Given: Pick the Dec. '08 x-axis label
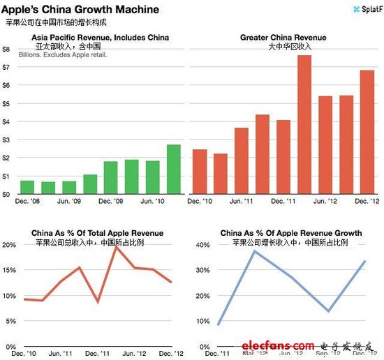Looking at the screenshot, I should point(28,202).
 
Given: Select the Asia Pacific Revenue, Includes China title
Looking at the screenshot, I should point(96,37).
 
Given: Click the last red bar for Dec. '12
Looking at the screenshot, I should point(367,133).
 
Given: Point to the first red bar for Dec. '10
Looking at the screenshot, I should point(199,172).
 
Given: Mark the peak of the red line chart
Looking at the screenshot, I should point(117,246).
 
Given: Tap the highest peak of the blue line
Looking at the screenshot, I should point(256,250).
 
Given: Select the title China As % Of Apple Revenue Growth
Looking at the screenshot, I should point(290,233).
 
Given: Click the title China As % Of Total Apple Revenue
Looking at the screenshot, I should point(97,233).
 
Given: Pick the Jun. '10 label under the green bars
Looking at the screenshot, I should point(152,202).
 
